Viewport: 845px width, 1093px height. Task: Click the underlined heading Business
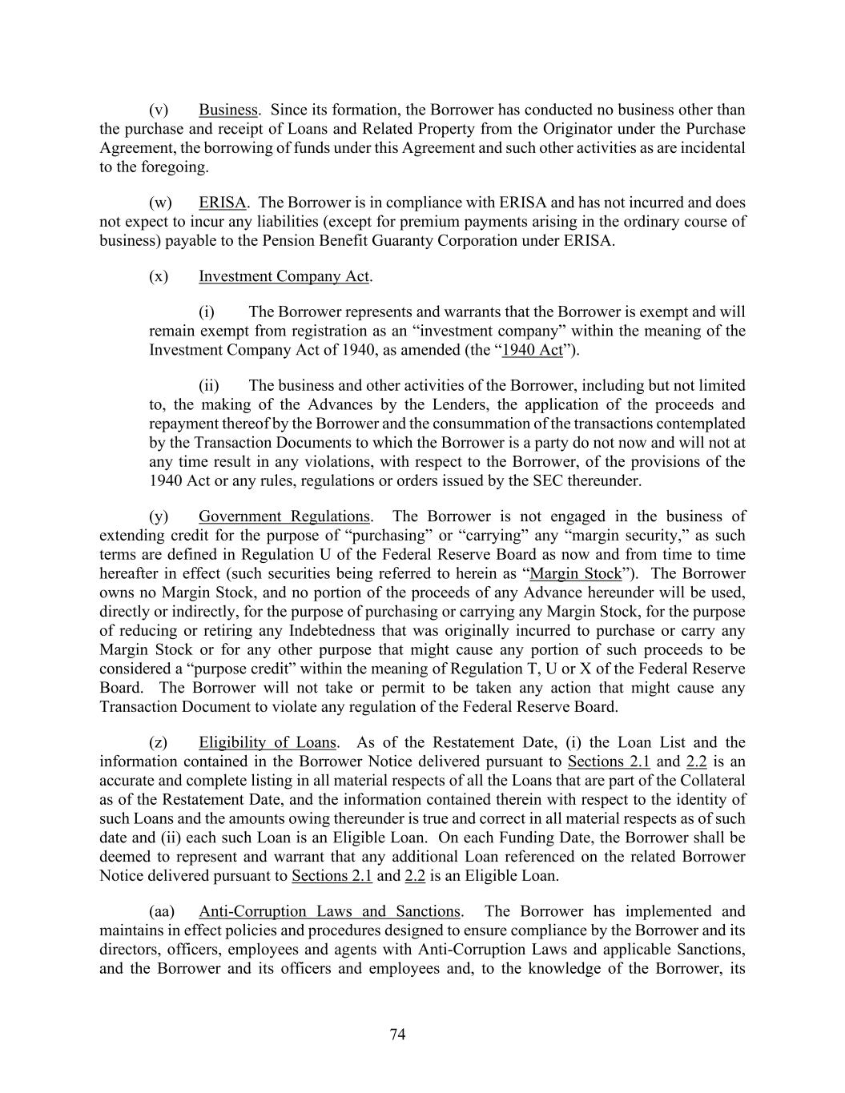tap(228, 110)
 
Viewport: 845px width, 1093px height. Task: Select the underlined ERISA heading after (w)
tap(222, 203)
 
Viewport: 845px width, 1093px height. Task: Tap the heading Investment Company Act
tap(284, 276)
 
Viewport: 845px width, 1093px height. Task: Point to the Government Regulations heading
tap(284, 516)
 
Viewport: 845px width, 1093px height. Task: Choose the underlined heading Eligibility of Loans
tap(268, 742)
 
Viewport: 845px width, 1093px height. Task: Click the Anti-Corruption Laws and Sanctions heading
tap(329, 911)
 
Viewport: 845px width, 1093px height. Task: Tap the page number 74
tap(398, 1035)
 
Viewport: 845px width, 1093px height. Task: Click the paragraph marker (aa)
tap(162, 911)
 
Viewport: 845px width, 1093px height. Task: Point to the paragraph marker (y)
tap(159, 516)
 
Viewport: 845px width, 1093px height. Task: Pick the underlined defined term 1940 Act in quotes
tap(532, 350)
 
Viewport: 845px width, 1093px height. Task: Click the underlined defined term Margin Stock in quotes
tap(576, 573)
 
